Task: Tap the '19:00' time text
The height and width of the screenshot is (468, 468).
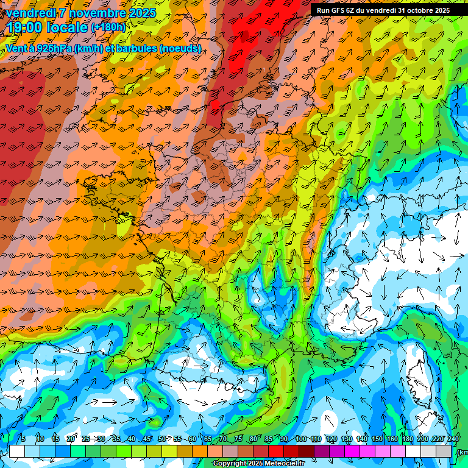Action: pos(29,27)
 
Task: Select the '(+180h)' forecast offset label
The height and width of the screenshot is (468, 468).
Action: pos(108,27)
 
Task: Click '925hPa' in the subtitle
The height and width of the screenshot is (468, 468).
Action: pos(52,48)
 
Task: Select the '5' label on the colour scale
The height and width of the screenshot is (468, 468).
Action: pos(23,439)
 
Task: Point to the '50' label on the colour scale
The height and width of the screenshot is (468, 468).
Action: pos(162,439)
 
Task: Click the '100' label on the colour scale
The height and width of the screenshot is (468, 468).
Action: pos(300,439)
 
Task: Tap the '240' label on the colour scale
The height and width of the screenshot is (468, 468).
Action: pos(453,439)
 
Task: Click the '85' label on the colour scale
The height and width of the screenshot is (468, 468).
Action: pos(269,439)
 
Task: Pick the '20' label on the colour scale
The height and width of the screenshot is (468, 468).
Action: pos(71,439)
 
